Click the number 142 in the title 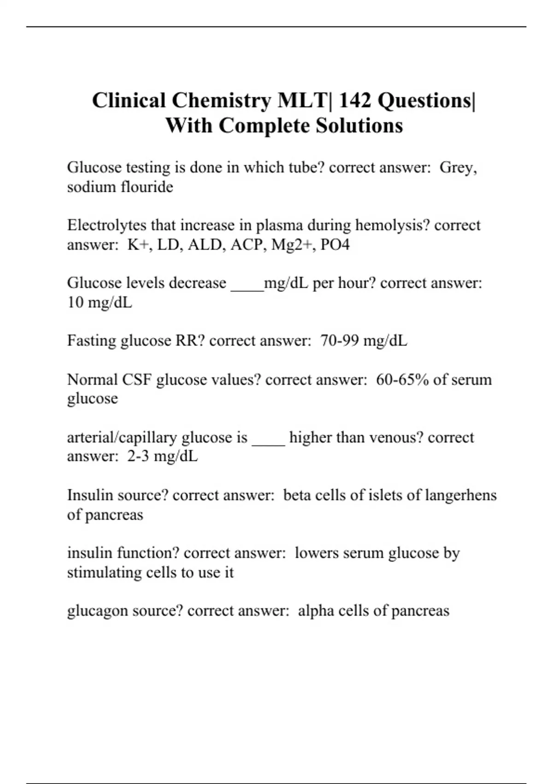click(355, 101)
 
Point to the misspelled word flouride click(147, 187)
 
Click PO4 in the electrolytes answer click(335, 244)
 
